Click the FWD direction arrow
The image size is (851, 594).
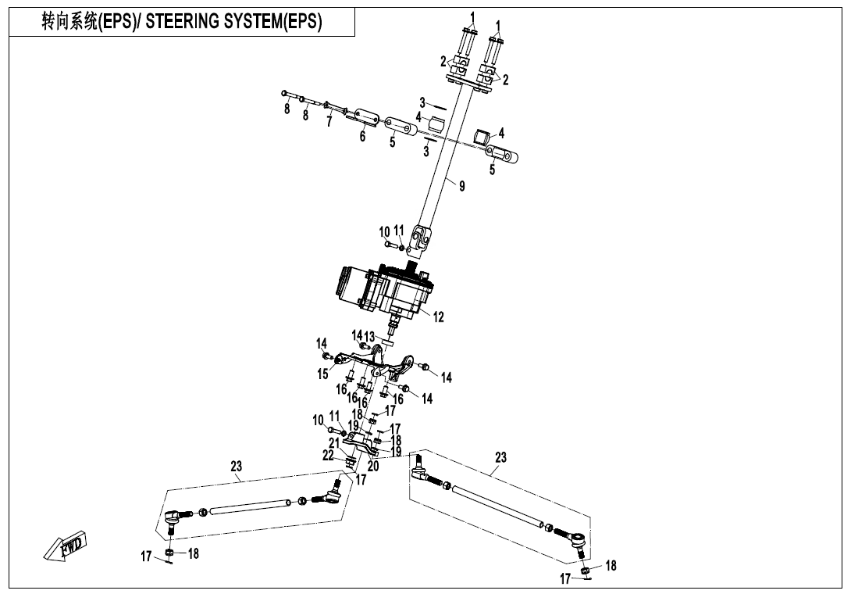[67, 546]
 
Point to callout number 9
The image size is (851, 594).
[461, 186]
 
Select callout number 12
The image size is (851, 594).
[438, 317]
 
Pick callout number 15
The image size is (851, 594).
[322, 374]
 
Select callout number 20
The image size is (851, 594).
[372, 466]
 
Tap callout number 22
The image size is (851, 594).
[328, 455]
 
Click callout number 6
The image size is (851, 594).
[362, 137]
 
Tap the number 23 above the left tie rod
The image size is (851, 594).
[237, 466]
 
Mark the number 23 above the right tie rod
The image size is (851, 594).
[500, 457]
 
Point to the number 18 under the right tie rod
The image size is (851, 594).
[611, 565]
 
